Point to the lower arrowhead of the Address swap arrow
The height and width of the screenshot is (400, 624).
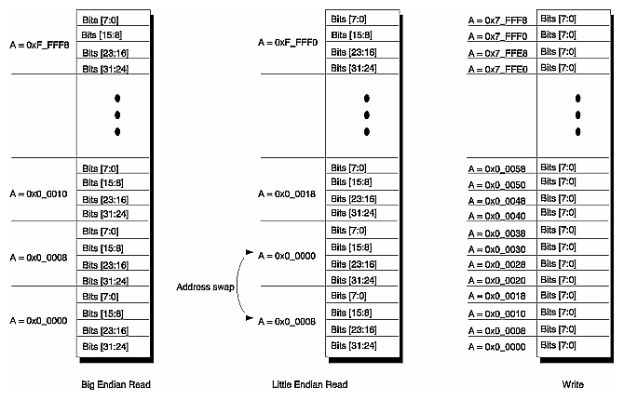tap(248, 319)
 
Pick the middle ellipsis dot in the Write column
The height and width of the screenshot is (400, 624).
tap(577, 114)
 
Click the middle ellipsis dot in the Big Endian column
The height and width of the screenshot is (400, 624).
tap(117, 114)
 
